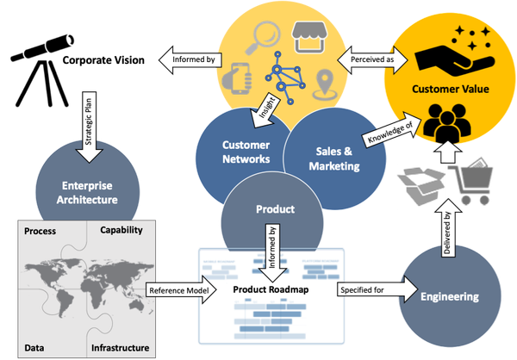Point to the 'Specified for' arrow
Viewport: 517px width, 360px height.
tap(367, 290)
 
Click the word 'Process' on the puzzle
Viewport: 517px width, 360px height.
tap(40, 232)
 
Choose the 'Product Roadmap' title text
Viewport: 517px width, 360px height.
tap(268, 289)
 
